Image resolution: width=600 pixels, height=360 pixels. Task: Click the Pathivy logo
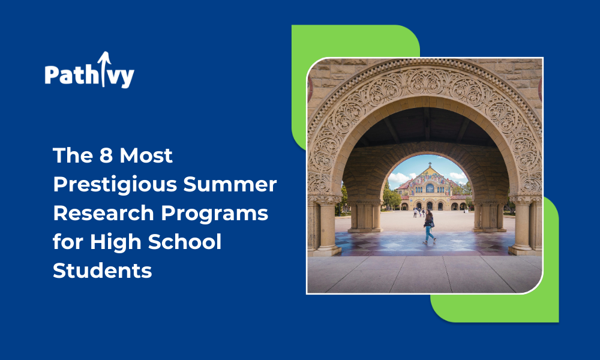89,70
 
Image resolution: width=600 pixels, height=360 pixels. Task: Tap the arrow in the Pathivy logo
104,69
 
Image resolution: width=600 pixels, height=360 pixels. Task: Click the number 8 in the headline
106,155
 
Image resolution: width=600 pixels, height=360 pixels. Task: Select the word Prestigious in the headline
115,185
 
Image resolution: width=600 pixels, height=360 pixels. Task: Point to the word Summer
230,184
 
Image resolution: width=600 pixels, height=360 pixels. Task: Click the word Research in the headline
103,213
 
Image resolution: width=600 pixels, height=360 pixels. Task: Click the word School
185,242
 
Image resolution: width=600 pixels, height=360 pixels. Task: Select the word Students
103,271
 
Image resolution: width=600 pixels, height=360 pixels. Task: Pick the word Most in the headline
146,155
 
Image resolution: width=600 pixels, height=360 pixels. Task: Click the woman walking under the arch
429,227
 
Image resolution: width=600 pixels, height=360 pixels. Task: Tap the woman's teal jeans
429,234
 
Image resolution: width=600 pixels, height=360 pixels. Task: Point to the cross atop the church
430,164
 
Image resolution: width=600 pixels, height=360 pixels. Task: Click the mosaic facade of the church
430,180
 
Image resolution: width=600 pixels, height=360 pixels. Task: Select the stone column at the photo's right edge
522,226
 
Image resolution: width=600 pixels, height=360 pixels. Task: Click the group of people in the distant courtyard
419,212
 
